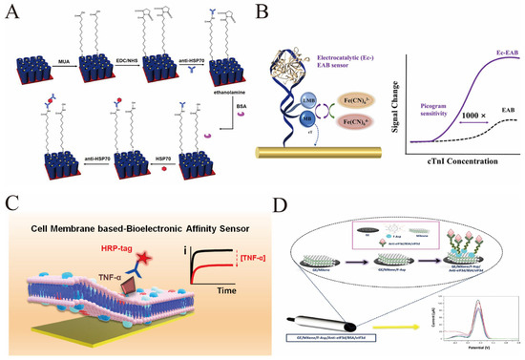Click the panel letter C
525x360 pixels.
click(10, 202)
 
